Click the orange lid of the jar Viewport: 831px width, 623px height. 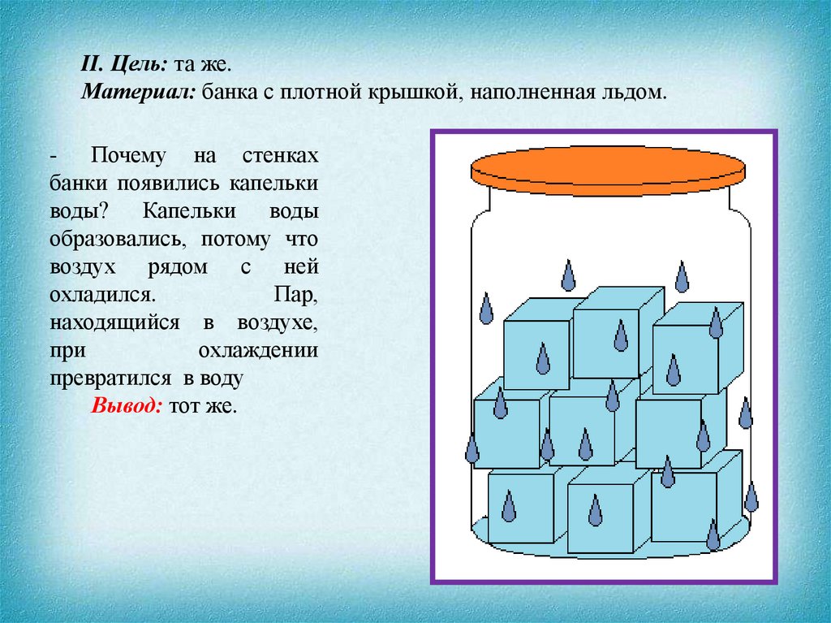(x=608, y=168)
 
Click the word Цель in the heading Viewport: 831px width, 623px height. (x=129, y=63)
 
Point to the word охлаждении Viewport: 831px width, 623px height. (x=257, y=351)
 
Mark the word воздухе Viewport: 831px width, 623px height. (x=277, y=322)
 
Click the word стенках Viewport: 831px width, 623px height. (x=280, y=154)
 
